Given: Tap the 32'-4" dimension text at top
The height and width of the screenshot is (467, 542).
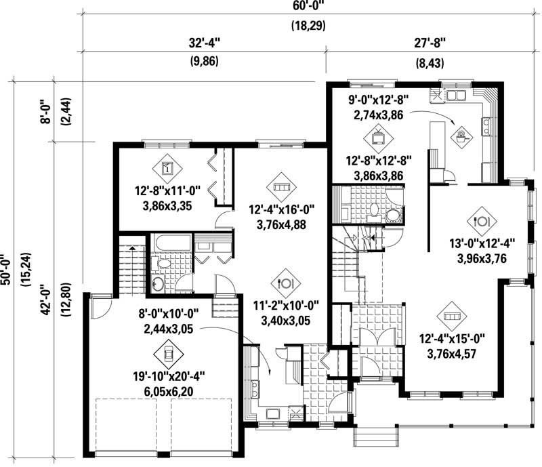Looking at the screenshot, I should (205, 43).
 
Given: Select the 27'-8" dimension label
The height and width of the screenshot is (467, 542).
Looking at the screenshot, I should (430, 43).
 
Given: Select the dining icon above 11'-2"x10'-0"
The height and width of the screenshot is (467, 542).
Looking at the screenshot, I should (285, 282).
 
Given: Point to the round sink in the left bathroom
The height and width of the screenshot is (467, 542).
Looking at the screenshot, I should (157, 283).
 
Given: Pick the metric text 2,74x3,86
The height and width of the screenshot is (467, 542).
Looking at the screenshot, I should (378, 115).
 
